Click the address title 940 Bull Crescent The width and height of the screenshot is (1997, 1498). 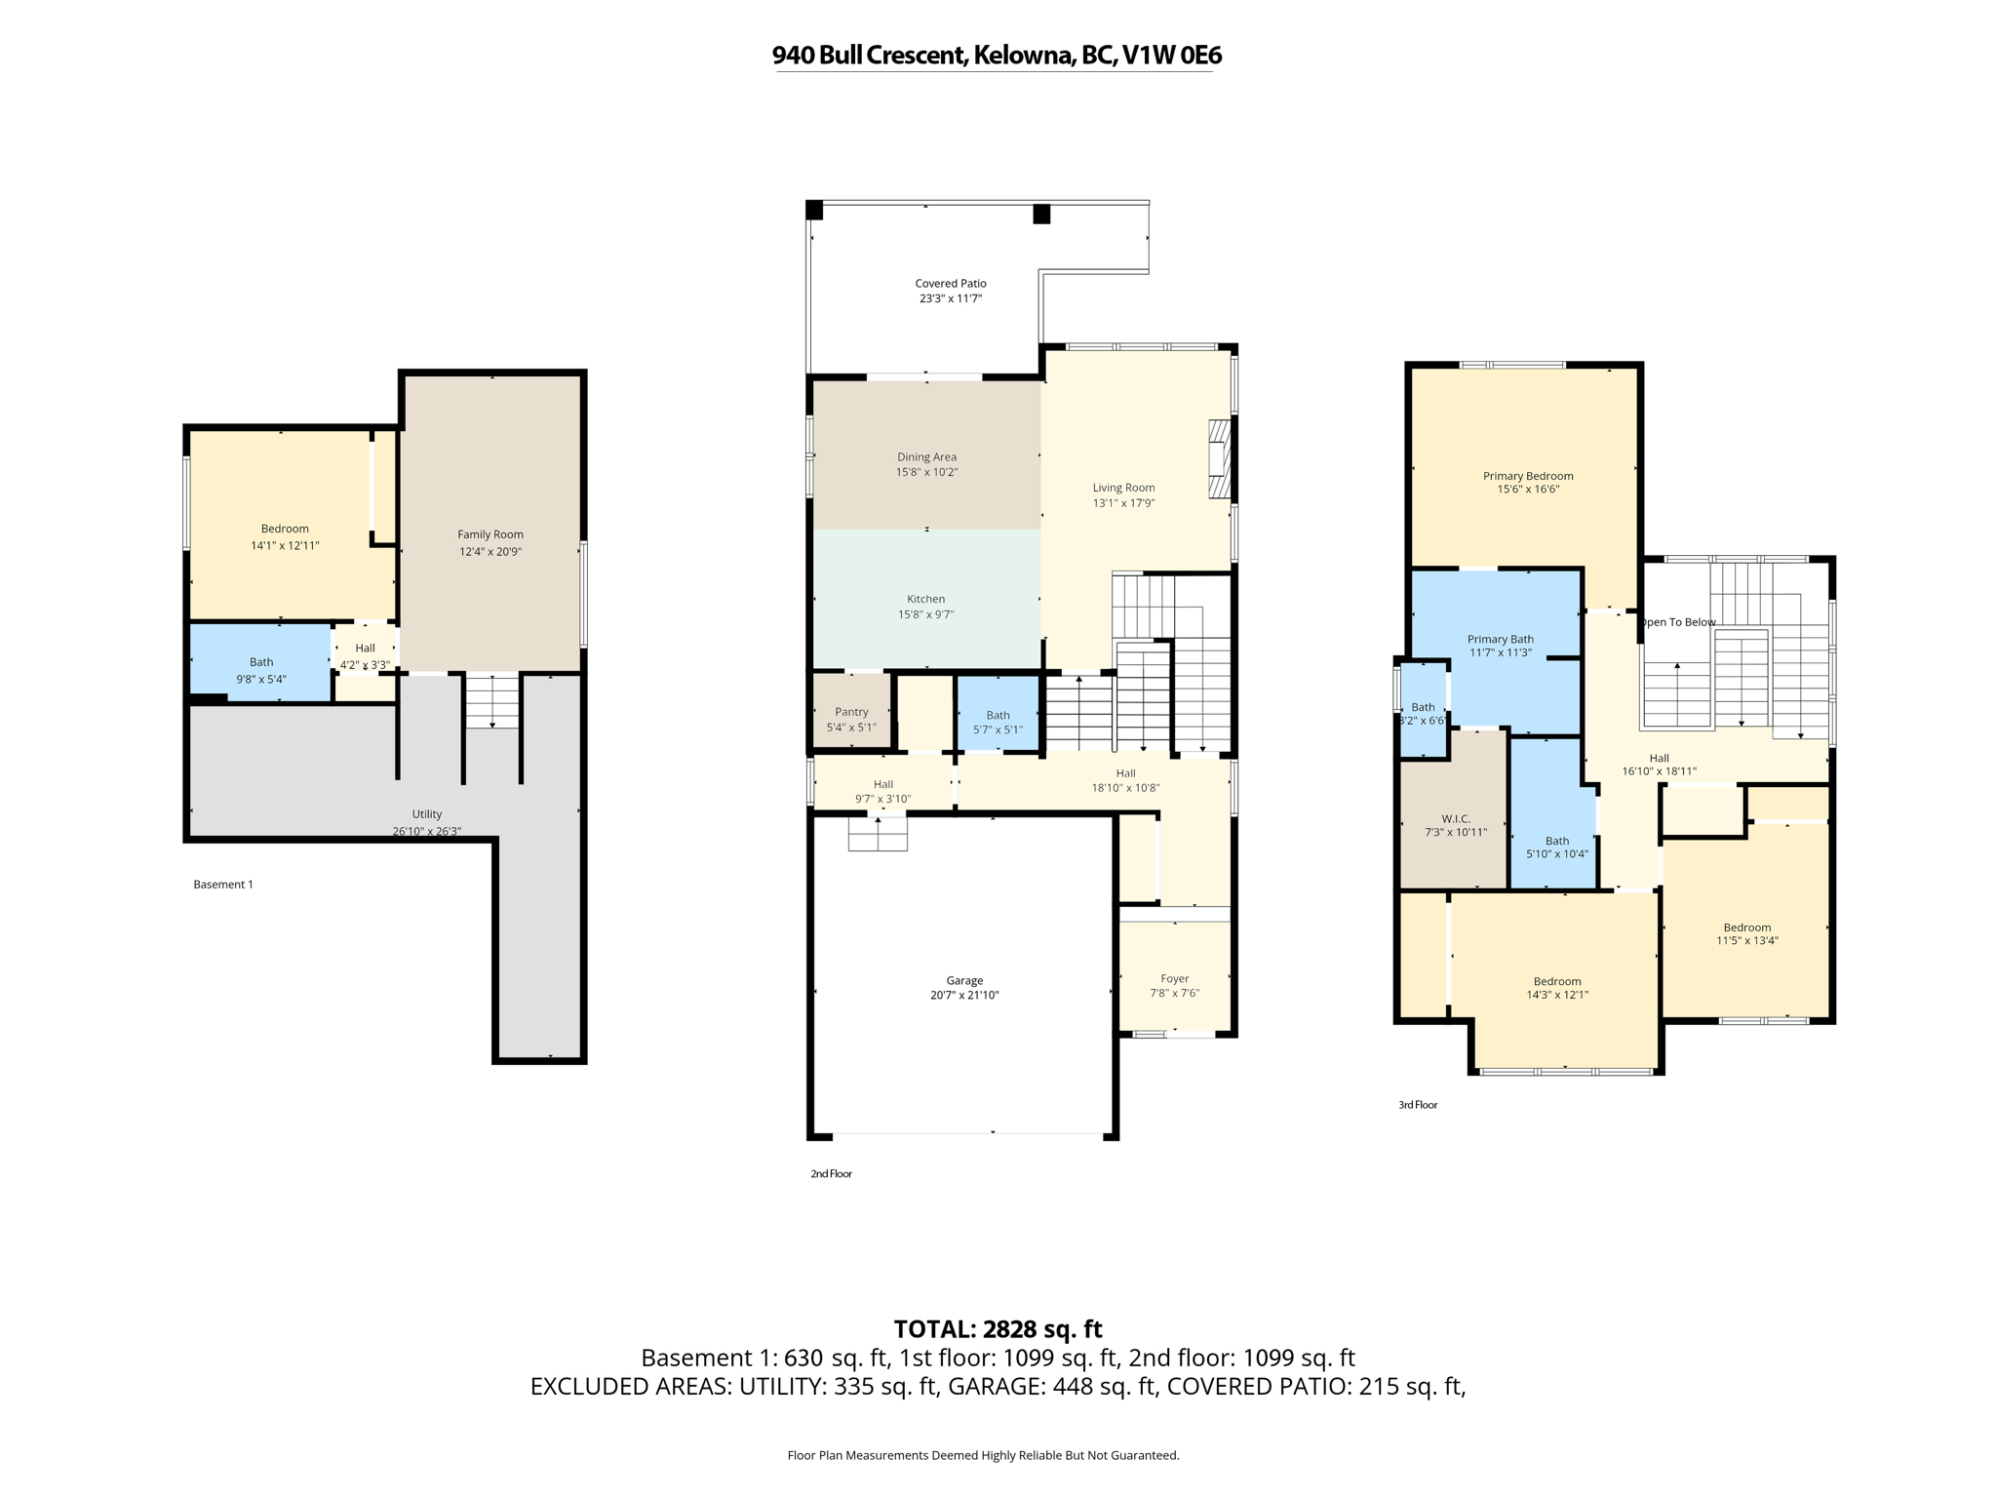(x=997, y=56)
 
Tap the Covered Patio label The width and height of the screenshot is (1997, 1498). (x=950, y=284)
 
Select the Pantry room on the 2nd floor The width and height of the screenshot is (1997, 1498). (x=851, y=713)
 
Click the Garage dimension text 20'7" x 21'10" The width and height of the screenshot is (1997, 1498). (x=964, y=996)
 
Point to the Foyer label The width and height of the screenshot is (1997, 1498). (x=1174, y=978)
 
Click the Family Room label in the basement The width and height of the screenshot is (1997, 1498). (x=490, y=534)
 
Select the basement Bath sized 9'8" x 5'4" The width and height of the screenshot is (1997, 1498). (x=261, y=663)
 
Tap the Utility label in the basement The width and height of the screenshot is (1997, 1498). (x=426, y=814)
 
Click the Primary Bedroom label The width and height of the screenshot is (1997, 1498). (x=1528, y=476)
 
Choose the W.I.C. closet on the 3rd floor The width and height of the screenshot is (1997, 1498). (x=1455, y=819)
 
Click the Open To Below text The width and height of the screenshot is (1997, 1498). (x=1677, y=622)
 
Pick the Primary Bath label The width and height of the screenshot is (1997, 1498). (x=1500, y=640)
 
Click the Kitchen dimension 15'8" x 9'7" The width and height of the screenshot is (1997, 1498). (x=925, y=614)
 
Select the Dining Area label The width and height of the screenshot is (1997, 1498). (x=926, y=456)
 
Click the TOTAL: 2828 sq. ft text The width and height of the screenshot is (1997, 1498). (x=998, y=1329)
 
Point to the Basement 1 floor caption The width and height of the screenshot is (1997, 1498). (x=223, y=885)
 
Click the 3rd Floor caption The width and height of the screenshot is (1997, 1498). (x=1418, y=1105)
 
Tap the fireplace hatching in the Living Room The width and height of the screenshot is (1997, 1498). (x=1219, y=459)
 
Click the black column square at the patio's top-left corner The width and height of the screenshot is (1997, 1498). (x=814, y=210)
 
